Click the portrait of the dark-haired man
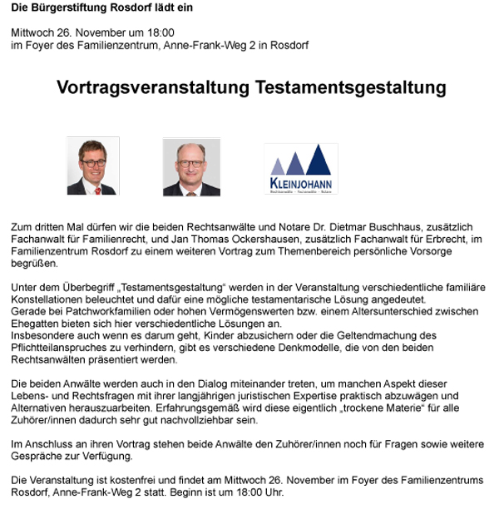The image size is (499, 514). (92, 166)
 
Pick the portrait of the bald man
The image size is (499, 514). (191, 166)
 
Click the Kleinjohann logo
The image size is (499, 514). (300, 169)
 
